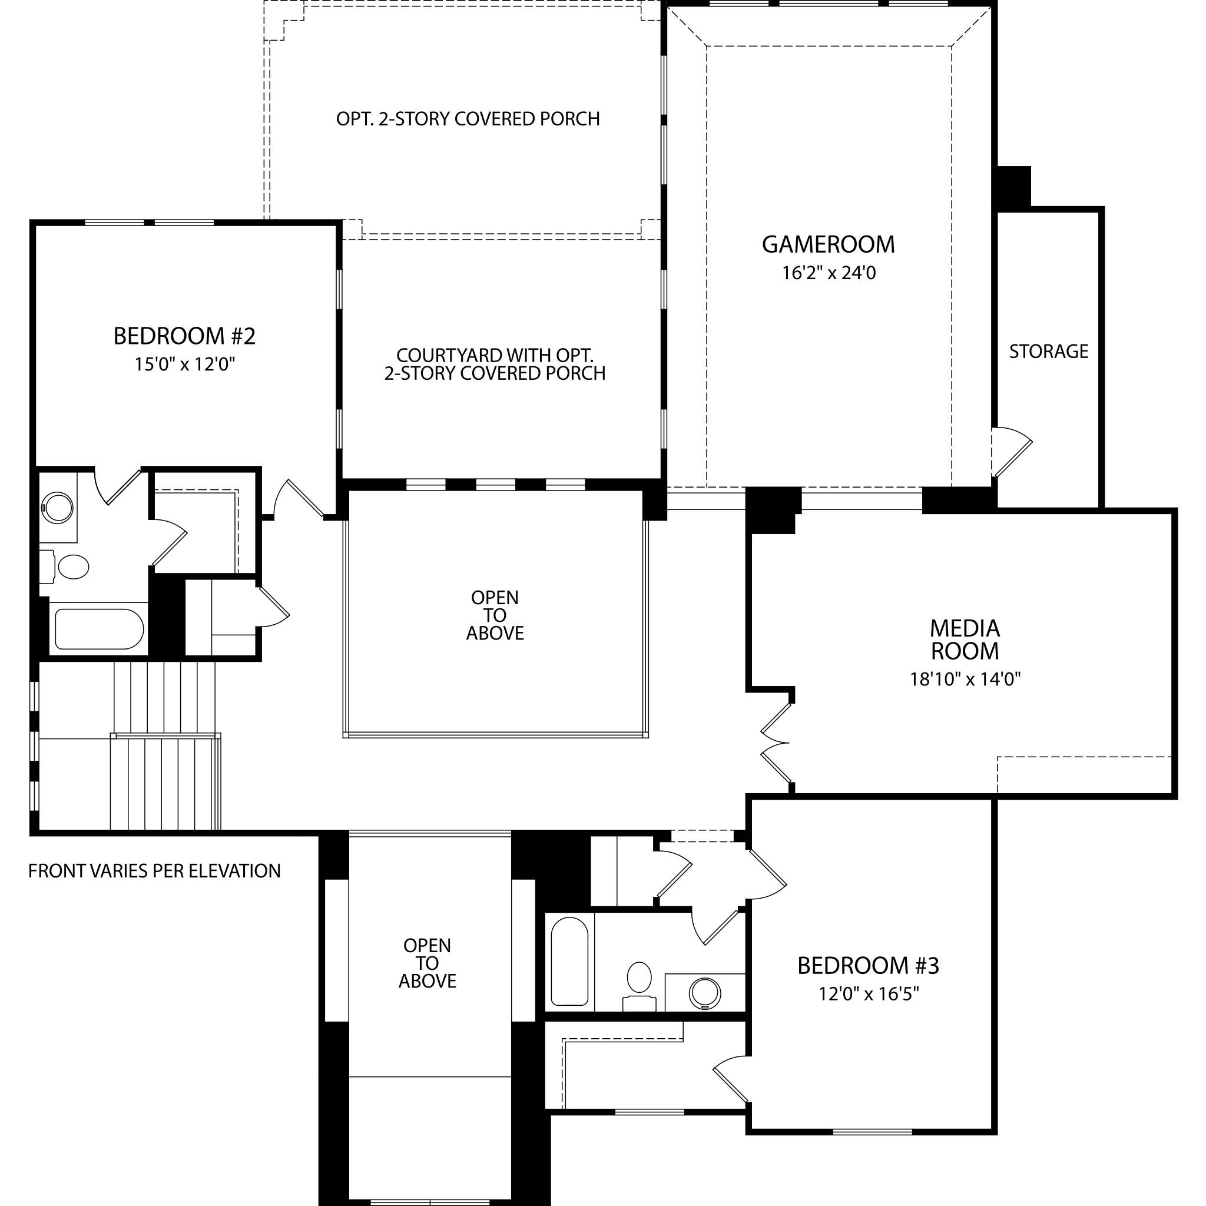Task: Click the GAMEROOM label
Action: [x=829, y=244]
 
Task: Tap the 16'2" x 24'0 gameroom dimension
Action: [x=829, y=273]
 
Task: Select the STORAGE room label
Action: [x=1049, y=352]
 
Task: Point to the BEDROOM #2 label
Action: [x=184, y=336]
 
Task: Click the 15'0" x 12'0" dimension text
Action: [x=185, y=364]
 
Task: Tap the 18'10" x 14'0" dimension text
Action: [x=965, y=679]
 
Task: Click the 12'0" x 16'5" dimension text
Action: [x=869, y=993]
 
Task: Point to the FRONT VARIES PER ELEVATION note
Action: [x=154, y=871]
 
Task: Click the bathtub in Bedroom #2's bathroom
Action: [x=100, y=629]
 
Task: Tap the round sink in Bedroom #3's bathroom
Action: [x=705, y=992]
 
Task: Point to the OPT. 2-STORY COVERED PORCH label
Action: [x=468, y=118]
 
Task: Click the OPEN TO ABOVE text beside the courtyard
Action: [x=495, y=615]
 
